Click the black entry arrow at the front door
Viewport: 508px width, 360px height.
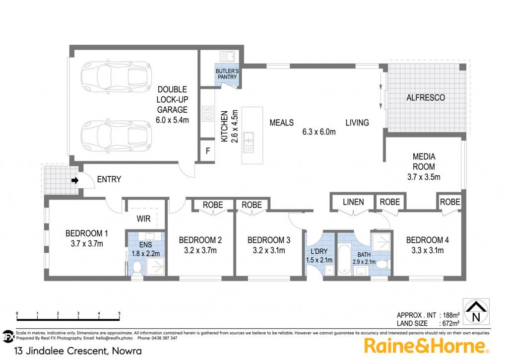pyautogui.click(x=75, y=180)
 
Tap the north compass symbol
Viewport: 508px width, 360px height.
pyautogui.click(x=476, y=312)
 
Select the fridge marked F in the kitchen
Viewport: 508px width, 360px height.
pyautogui.click(x=208, y=150)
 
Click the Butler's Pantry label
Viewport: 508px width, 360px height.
pyautogui.click(x=227, y=74)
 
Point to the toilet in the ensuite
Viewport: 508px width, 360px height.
pyautogui.click(x=137, y=268)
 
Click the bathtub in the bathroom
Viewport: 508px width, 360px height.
pyautogui.click(x=344, y=260)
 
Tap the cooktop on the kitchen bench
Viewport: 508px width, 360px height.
pyautogui.click(x=208, y=114)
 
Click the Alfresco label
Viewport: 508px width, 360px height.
pyautogui.click(x=426, y=98)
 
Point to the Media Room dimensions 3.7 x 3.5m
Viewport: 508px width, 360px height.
pyautogui.click(x=424, y=177)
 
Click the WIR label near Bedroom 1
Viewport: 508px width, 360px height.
pyautogui.click(x=143, y=219)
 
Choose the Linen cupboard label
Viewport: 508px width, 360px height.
pyautogui.click(x=353, y=202)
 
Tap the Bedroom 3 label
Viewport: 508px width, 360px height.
pyautogui.click(x=269, y=240)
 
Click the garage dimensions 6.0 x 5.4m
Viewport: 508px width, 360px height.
pyautogui.click(x=172, y=120)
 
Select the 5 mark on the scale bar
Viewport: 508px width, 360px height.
pyautogui.click(x=119, y=314)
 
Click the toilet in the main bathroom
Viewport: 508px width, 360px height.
pyautogui.click(x=384, y=264)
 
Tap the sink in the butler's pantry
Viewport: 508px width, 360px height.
pyautogui.click(x=227, y=57)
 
